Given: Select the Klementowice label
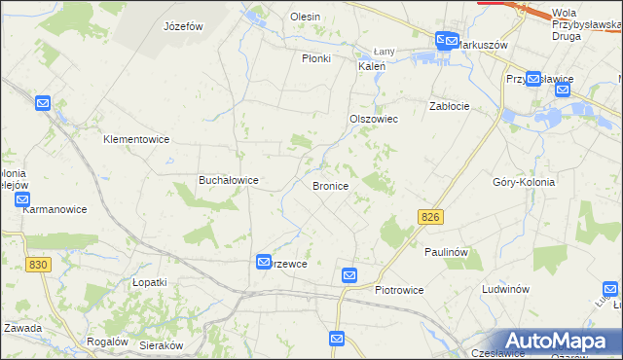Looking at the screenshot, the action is point(136,139).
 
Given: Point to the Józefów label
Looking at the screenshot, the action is point(183,26).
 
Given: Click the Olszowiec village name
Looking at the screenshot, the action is point(375,119).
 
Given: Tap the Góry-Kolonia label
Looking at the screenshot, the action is point(524,182).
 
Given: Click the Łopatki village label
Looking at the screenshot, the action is point(150,281).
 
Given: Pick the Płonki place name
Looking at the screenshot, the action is point(316,58).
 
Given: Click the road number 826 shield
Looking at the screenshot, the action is point(434,217).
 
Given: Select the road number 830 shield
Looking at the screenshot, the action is point(39,265).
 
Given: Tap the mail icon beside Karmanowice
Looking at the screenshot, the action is point(23,198).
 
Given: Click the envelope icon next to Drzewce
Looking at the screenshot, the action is point(264,262).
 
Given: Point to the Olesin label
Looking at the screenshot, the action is point(305,17).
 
